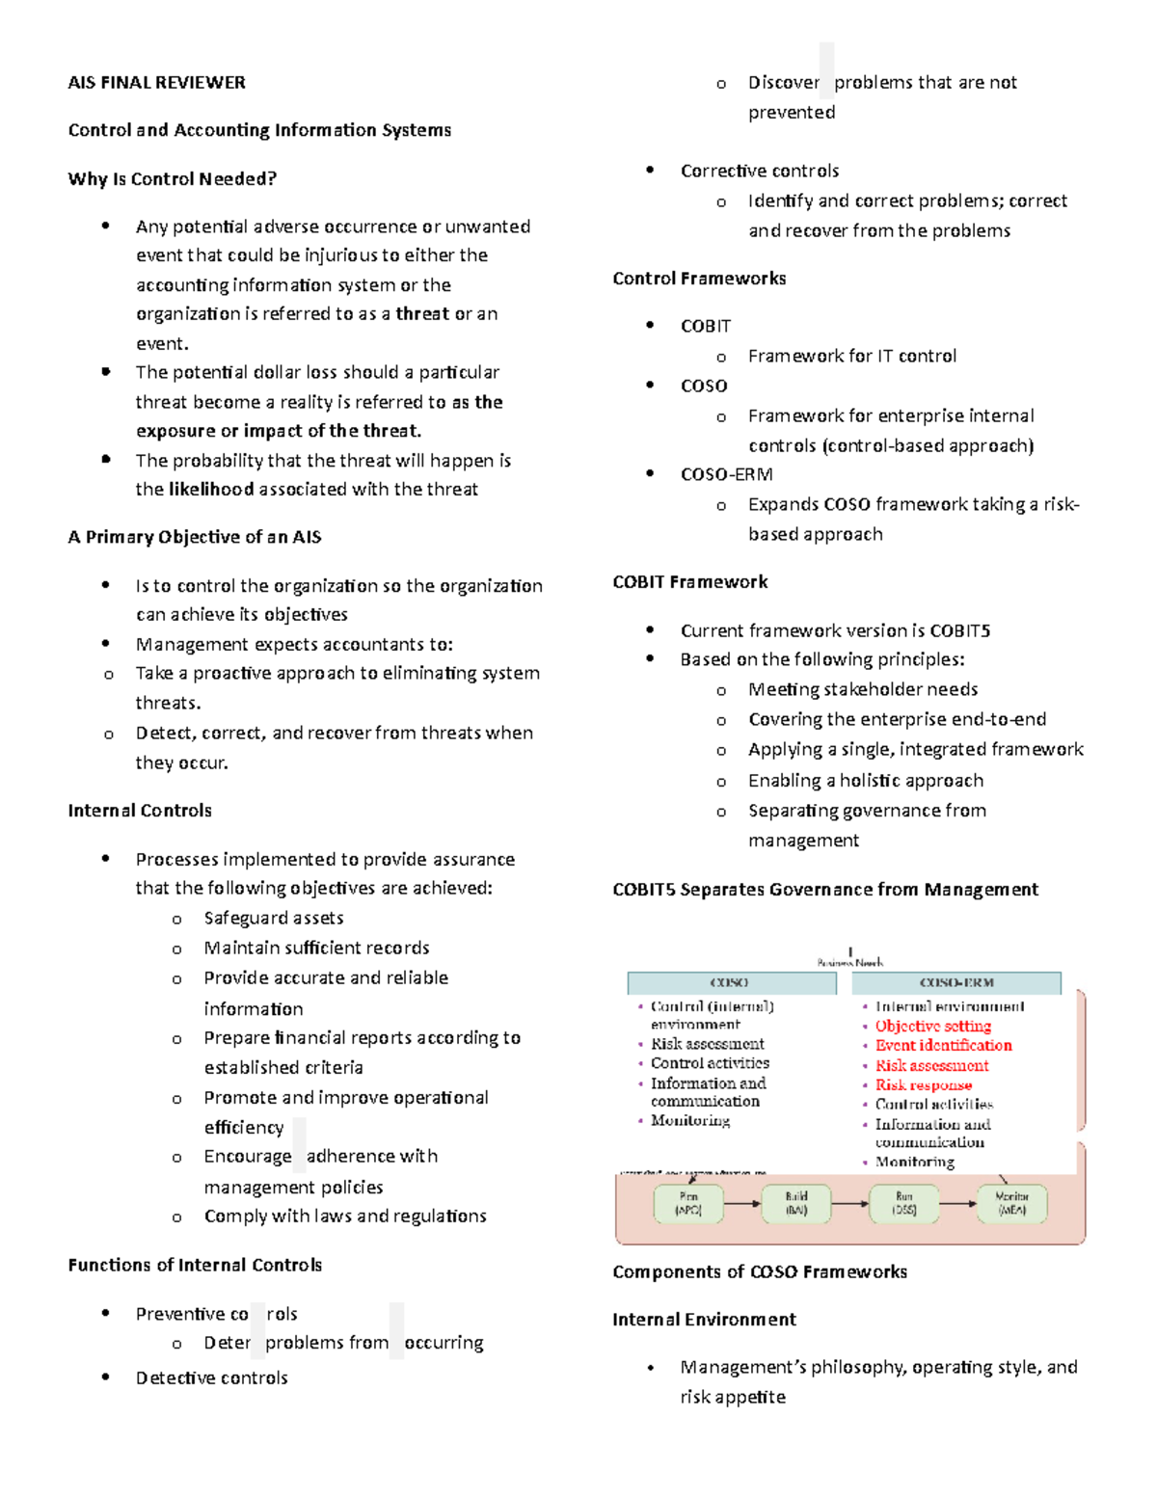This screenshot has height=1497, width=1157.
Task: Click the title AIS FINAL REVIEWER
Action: pyautogui.click(x=156, y=83)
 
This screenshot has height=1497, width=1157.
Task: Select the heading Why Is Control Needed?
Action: pyautogui.click(x=172, y=179)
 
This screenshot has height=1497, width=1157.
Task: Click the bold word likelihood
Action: pyautogui.click(x=211, y=490)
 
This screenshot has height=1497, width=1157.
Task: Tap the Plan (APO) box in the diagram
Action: pyautogui.click(x=688, y=1203)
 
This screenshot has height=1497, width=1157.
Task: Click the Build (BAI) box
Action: pyautogui.click(x=795, y=1203)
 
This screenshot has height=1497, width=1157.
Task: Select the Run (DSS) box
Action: pyautogui.click(x=903, y=1203)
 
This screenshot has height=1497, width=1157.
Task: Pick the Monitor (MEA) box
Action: pyautogui.click(x=1011, y=1203)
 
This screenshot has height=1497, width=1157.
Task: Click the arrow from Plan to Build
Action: pyautogui.click(x=741, y=1203)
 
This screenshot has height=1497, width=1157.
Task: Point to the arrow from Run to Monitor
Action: pyautogui.click(x=957, y=1203)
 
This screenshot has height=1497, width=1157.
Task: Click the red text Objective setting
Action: pyautogui.click(x=932, y=1027)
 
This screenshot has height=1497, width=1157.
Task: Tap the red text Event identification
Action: pyautogui.click(x=943, y=1046)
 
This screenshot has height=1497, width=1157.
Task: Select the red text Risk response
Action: pyautogui.click(x=923, y=1085)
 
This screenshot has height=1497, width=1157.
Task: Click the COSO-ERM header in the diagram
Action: pyautogui.click(x=955, y=983)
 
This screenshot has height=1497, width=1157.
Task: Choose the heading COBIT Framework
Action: pyautogui.click(x=689, y=582)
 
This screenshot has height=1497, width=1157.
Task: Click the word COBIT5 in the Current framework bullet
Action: pyautogui.click(x=959, y=631)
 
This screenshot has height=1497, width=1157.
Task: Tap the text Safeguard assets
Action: pyautogui.click(x=273, y=919)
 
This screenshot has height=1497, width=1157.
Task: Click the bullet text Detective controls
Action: pyautogui.click(x=211, y=1378)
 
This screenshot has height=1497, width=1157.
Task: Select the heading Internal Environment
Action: pyautogui.click(x=704, y=1320)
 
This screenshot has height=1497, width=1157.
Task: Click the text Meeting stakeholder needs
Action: pyautogui.click(x=863, y=690)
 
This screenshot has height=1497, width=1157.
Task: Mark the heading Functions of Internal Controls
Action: pyautogui.click(x=195, y=1266)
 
